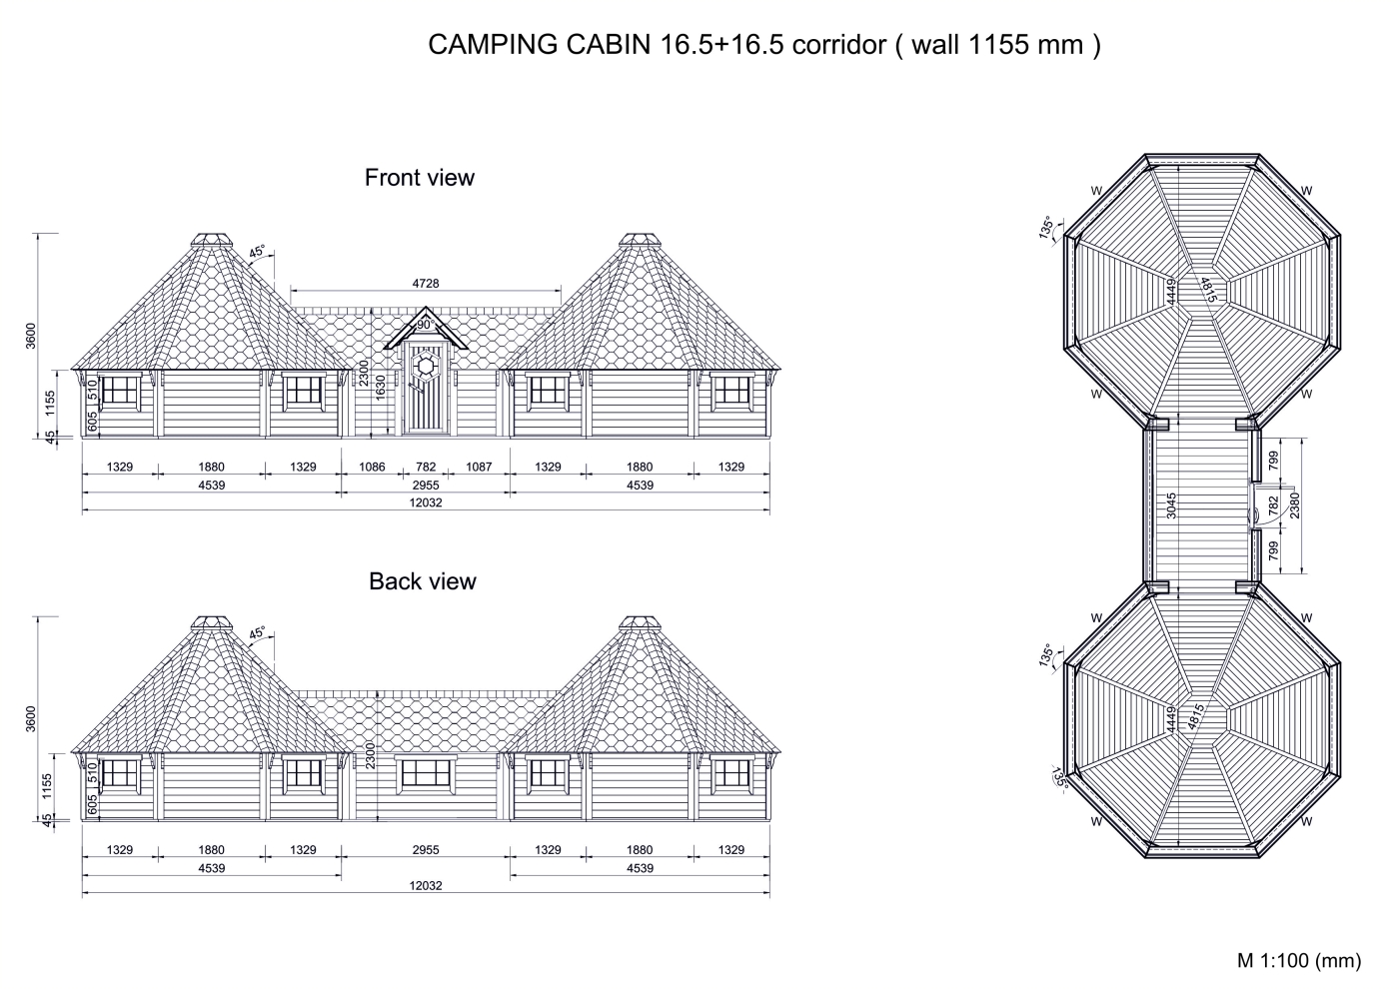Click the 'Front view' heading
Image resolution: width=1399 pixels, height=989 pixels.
pos(419,178)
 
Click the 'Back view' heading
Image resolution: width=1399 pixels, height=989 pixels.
pos(422,581)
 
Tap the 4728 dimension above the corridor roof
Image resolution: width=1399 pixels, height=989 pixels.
pos(426,284)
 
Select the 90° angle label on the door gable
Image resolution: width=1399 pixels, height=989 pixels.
pos(426,325)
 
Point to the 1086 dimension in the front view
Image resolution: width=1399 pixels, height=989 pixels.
pos(372,468)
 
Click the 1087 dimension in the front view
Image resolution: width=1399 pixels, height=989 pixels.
pos(479,468)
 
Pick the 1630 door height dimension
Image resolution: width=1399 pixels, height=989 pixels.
pos(381,389)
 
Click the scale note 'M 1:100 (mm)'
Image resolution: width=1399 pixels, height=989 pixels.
pos(1299,961)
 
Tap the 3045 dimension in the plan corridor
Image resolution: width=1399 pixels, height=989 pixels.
pos(1171,505)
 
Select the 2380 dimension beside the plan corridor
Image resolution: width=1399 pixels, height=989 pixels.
pos(1295,505)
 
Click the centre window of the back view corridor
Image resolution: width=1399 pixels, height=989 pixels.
pos(426,773)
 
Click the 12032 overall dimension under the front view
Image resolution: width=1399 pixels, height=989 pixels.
pos(426,502)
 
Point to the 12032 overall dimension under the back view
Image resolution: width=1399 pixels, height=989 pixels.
pos(426,886)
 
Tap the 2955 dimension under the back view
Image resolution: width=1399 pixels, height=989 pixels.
pos(426,850)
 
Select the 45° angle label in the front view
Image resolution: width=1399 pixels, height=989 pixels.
pos(258,252)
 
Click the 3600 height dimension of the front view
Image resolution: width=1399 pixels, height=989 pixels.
pos(31,336)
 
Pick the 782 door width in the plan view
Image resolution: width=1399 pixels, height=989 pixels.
pos(1274,503)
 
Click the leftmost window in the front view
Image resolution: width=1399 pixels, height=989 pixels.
pos(119,391)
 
